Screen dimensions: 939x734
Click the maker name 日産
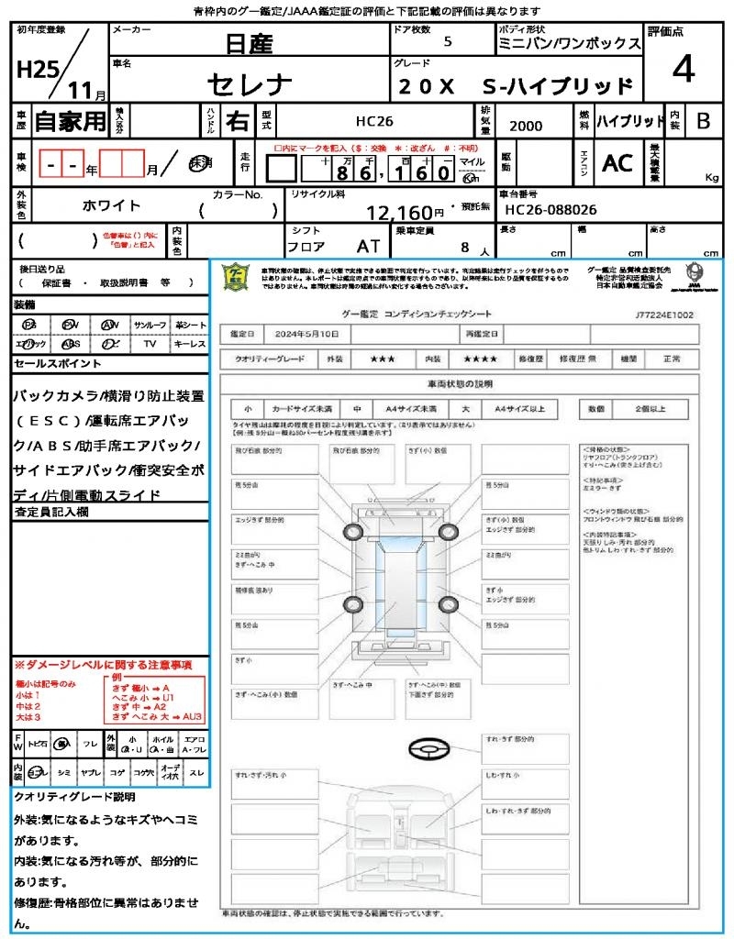[250, 43]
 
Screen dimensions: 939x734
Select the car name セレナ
[250, 85]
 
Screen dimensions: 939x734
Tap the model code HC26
[374, 121]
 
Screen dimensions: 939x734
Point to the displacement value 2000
[526, 127]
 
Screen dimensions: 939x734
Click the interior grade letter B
[703, 121]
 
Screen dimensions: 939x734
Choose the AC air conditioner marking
[617, 163]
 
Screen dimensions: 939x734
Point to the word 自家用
[70, 121]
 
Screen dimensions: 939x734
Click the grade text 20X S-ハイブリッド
[516, 86]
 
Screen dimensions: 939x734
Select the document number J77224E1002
[663, 314]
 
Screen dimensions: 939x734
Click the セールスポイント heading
[58, 364]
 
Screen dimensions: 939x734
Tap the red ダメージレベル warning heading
[103, 664]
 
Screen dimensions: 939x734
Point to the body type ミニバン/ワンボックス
[569, 43]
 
